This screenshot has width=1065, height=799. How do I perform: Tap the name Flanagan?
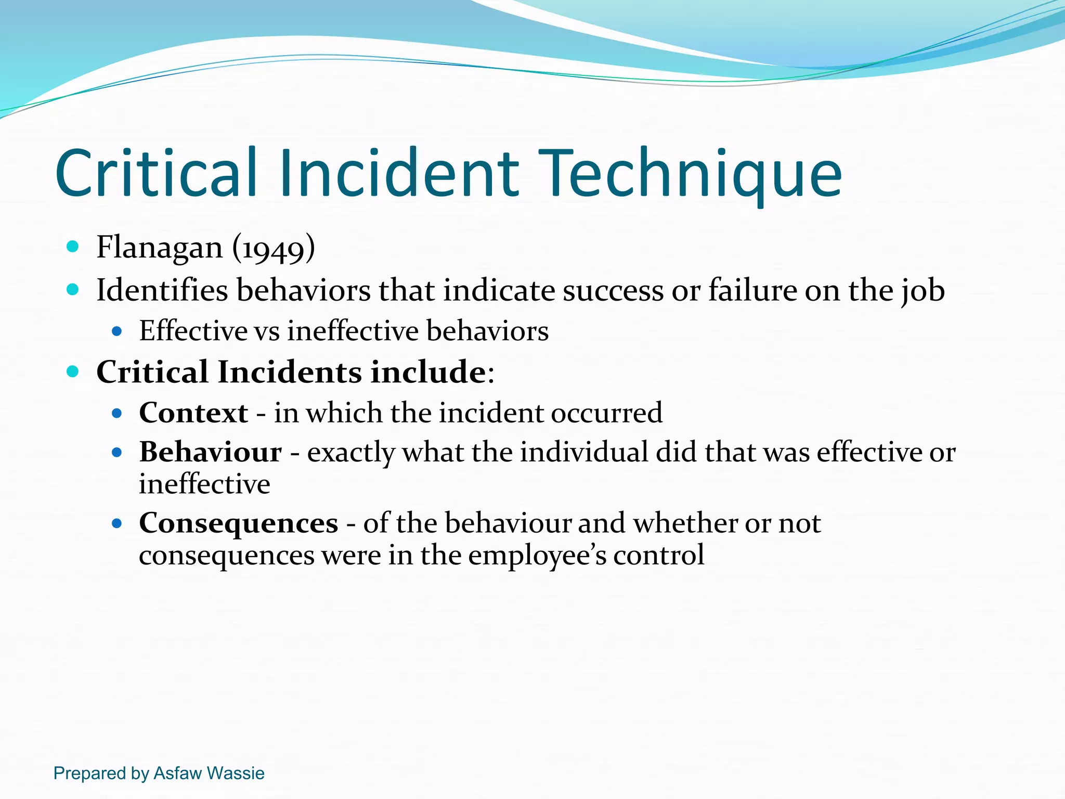pos(159,247)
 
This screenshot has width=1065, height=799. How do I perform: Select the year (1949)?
pos(274,248)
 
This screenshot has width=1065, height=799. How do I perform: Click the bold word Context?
pos(193,413)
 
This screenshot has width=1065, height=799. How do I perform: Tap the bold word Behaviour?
pos(210,452)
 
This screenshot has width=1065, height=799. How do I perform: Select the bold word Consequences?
pos(238,523)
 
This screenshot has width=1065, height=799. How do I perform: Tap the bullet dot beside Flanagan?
pos(73,247)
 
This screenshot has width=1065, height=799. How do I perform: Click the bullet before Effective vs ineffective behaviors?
pos(117,331)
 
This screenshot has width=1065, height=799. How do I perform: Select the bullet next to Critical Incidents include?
pos(73,371)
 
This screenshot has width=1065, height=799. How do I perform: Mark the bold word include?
pos(428,372)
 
